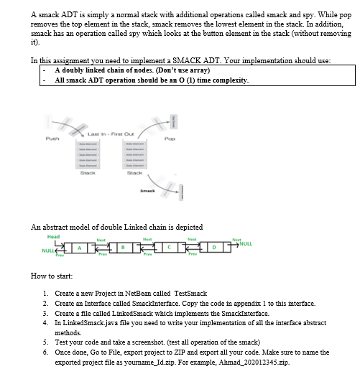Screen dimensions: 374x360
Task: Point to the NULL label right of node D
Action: click(x=246, y=246)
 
